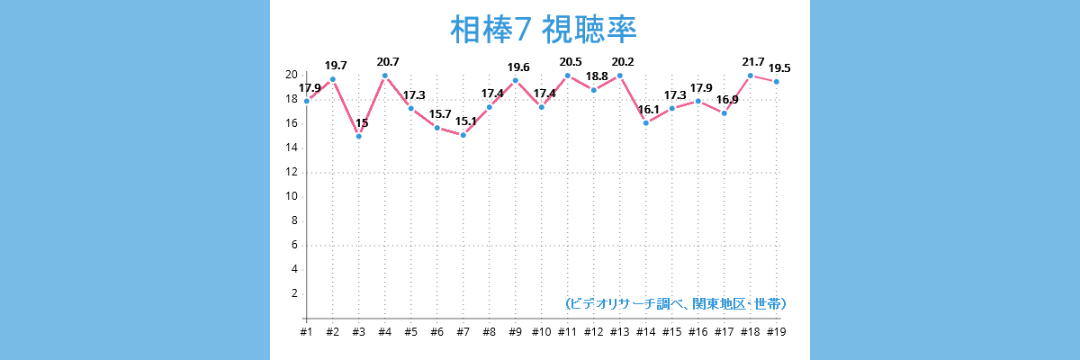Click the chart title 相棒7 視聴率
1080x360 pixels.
click(x=543, y=31)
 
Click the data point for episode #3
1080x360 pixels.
click(x=359, y=136)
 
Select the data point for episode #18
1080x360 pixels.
click(x=750, y=76)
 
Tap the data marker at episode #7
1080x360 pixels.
click(x=463, y=135)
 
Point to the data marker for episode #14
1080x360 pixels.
click(x=645, y=122)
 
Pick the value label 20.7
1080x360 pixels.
click(x=388, y=61)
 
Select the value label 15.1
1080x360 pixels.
click(x=465, y=121)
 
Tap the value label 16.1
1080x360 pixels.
click(x=648, y=109)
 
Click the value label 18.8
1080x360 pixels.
click(x=597, y=76)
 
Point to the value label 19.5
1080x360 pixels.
click(x=779, y=67)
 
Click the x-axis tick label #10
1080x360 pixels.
click(x=541, y=332)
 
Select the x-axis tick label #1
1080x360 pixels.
click(x=306, y=332)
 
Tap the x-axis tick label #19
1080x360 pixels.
click(x=776, y=332)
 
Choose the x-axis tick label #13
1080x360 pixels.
click(x=619, y=332)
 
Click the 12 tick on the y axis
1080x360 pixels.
click(x=292, y=172)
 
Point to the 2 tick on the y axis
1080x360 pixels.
click(x=294, y=293)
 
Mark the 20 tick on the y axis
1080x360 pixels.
click(x=292, y=75)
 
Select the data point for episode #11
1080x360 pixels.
click(x=567, y=76)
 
